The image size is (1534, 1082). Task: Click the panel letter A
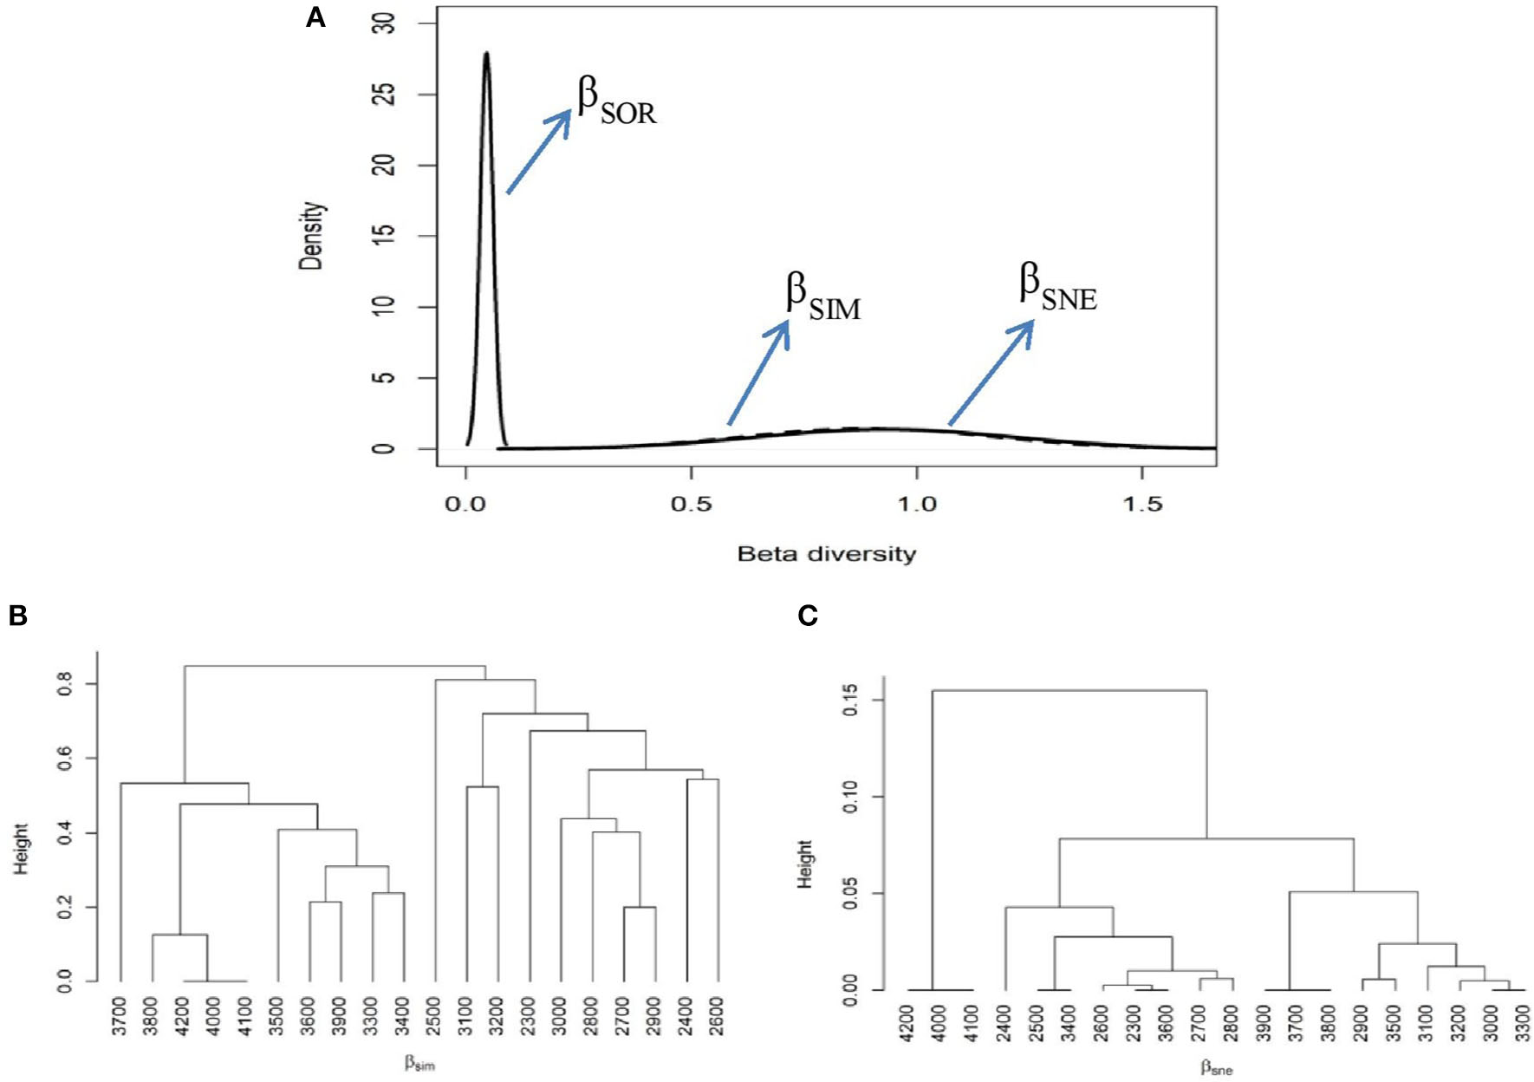[315, 17]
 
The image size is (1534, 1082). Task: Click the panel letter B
[17, 615]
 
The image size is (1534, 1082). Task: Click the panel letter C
[807, 616]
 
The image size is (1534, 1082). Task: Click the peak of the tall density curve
[486, 54]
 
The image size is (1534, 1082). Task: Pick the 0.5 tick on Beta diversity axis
[691, 504]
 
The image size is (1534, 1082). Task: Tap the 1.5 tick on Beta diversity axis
[1141, 504]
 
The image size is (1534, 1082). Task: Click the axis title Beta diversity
[826, 554]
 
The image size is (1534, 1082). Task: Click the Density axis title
[312, 236]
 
